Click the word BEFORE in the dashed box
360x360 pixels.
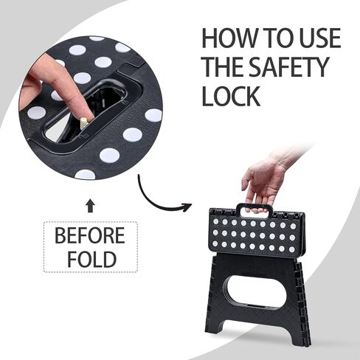90,238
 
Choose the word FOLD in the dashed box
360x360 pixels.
90,260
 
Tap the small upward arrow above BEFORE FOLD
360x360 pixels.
90,206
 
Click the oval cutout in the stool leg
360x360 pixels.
253,291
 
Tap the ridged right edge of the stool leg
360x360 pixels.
301,295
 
